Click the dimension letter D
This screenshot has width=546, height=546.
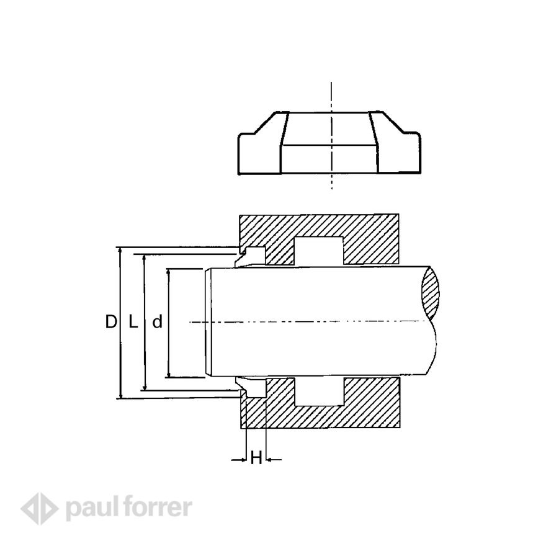coord(110,322)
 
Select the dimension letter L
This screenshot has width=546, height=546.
coord(132,322)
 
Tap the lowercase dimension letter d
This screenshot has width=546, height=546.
coord(157,322)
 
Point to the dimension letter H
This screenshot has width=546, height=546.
coord(256,459)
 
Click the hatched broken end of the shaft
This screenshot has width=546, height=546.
coord(432,292)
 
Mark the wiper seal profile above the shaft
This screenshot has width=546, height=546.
coord(251,256)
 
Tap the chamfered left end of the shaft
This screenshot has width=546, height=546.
coord(208,322)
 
